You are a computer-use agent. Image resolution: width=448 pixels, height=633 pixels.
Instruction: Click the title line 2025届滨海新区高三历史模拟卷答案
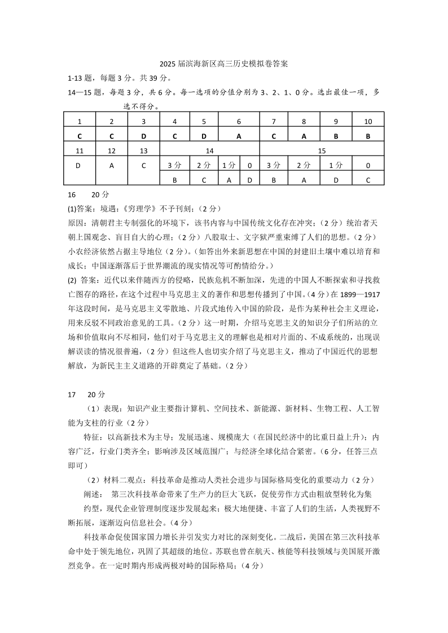click(x=223, y=64)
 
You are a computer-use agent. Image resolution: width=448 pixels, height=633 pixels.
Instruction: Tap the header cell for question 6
click(x=239, y=121)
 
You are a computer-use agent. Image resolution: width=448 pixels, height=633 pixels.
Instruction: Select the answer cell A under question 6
click(x=239, y=135)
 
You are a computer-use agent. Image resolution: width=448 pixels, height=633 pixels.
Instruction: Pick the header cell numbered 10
click(x=368, y=121)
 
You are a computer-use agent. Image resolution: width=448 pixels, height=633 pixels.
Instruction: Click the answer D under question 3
click(x=143, y=135)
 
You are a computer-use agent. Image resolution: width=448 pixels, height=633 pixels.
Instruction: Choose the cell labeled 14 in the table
click(x=209, y=150)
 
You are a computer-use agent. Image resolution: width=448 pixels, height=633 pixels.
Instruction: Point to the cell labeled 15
click(x=322, y=150)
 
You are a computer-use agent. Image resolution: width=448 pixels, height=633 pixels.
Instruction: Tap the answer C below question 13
click(x=143, y=165)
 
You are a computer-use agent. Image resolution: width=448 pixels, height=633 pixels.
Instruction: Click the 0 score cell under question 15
click(x=368, y=165)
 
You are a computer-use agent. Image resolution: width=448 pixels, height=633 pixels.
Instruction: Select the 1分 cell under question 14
click(x=229, y=165)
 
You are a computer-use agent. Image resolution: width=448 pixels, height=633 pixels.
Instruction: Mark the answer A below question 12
click(x=111, y=165)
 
